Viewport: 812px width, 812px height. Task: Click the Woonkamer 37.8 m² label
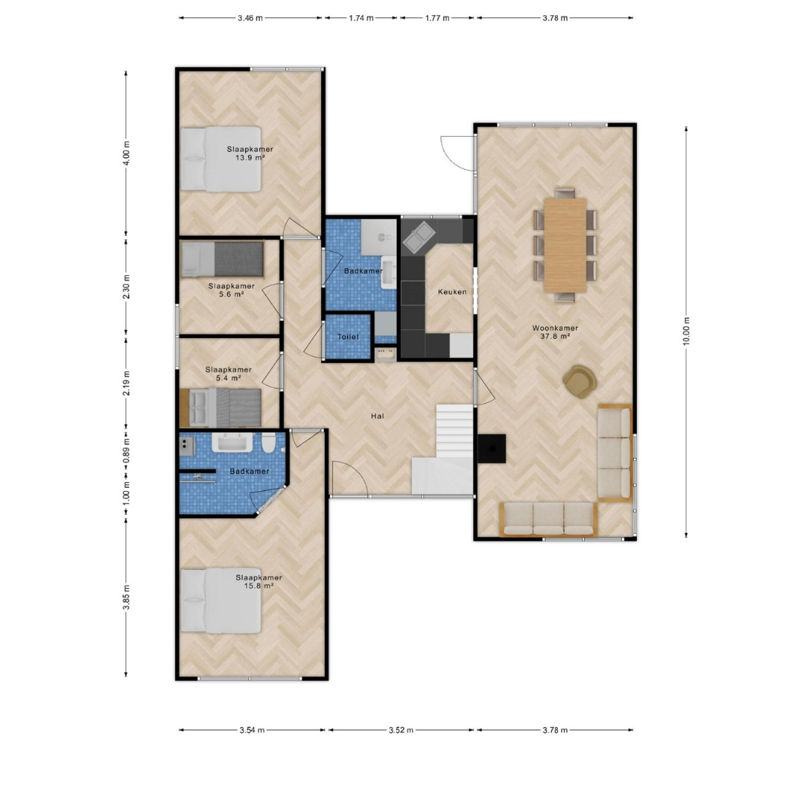pyautogui.click(x=555, y=332)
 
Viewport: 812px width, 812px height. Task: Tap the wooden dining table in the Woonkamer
pyautogui.click(x=565, y=245)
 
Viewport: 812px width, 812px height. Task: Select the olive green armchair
pyautogui.click(x=580, y=382)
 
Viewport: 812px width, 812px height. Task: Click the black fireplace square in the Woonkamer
pyautogui.click(x=492, y=448)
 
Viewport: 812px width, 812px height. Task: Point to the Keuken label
pyautogui.click(x=452, y=292)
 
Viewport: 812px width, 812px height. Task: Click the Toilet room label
pyautogui.click(x=348, y=337)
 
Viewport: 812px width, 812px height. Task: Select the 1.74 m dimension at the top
pyautogui.click(x=361, y=18)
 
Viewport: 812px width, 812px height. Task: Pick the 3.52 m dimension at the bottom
pyautogui.click(x=401, y=730)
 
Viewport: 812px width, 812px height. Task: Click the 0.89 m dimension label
pyautogui.click(x=126, y=449)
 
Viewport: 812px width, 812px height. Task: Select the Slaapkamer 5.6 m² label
pyautogui.click(x=232, y=290)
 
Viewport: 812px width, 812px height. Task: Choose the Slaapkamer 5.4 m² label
pyautogui.click(x=229, y=374)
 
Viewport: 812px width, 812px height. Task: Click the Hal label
pyautogui.click(x=377, y=416)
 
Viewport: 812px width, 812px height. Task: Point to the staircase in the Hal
pyautogui.click(x=444, y=449)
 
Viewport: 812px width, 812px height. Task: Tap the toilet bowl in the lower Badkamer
pyautogui.click(x=268, y=444)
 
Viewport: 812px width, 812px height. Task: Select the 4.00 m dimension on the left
pyautogui.click(x=126, y=153)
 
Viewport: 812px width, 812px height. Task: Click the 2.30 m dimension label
pyautogui.click(x=126, y=287)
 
